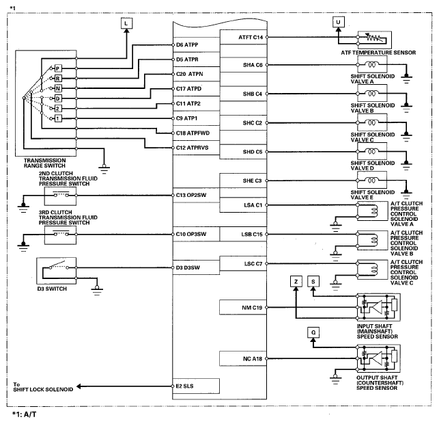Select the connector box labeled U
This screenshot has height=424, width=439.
pyautogui.click(x=337, y=22)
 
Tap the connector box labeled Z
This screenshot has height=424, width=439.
pyautogui.click(x=295, y=281)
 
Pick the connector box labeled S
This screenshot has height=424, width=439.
pyautogui.click(x=313, y=281)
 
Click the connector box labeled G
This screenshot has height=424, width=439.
pyautogui.click(x=313, y=332)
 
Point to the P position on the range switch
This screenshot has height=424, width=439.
pyautogui.click(x=58, y=68)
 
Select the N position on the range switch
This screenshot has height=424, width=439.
pyautogui.click(x=58, y=88)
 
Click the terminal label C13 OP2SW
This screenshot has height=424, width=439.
pyautogui.click(x=192, y=196)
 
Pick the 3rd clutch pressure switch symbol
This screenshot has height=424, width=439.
pyautogui.click(x=57, y=235)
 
